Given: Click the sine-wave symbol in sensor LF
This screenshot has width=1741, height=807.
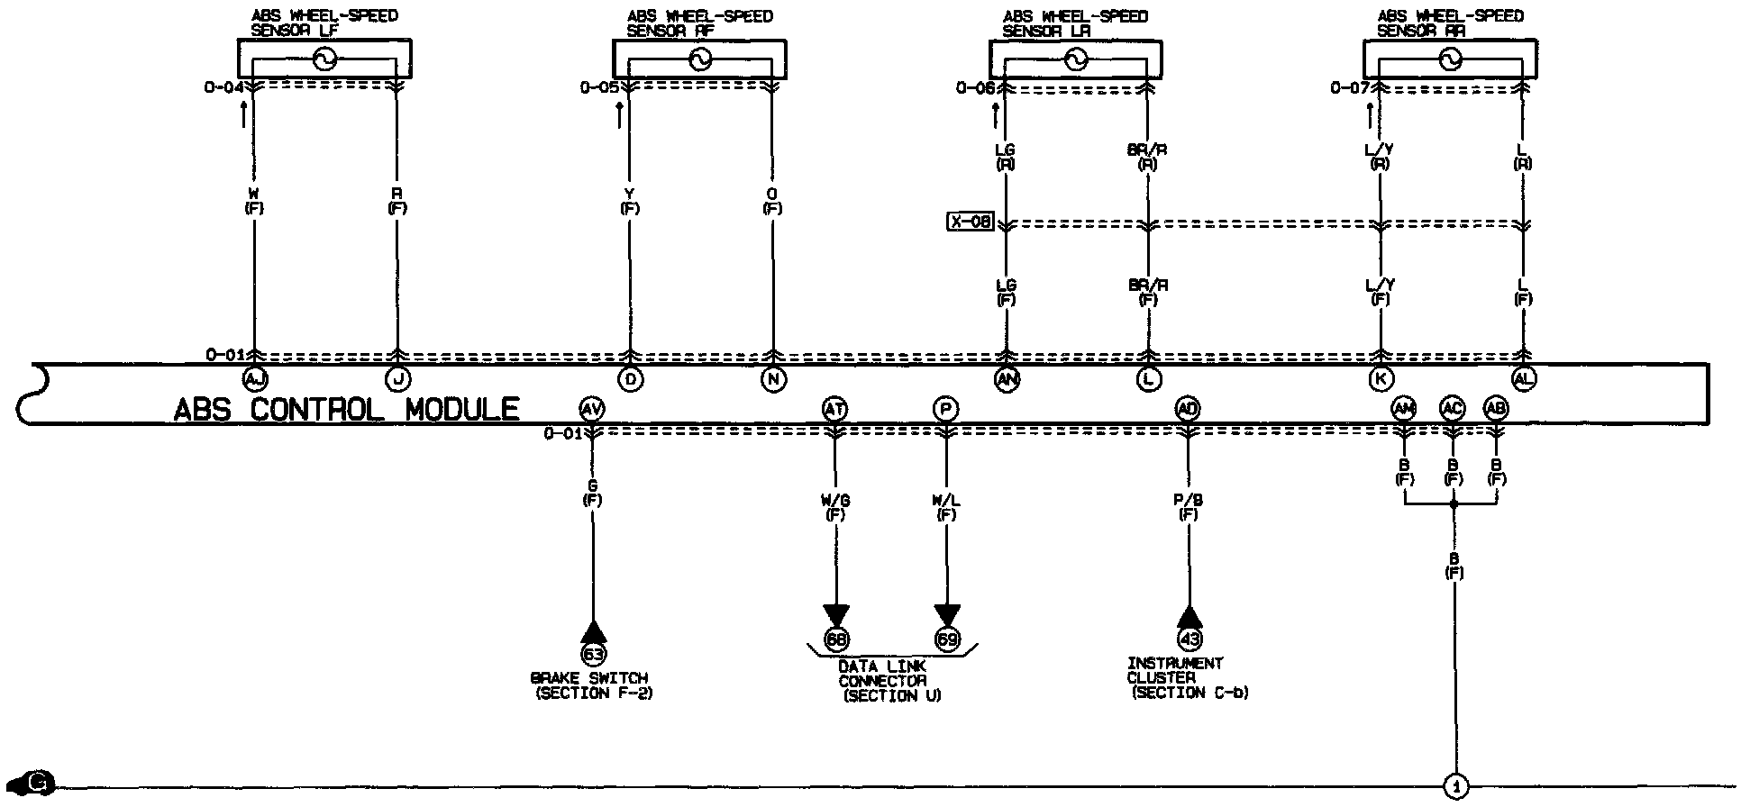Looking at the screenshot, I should [x=324, y=60].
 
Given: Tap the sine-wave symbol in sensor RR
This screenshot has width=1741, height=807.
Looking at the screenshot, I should [x=1449, y=60].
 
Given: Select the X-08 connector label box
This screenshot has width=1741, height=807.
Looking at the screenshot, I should [x=970, y=222].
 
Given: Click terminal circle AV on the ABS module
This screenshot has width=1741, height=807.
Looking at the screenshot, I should [x=592, y=410].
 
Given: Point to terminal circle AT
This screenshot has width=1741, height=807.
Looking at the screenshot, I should [x=835, y=410].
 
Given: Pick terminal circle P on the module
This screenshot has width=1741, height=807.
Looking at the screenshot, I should [x=945, y=410].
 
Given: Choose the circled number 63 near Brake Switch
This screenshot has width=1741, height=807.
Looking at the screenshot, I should [x=593, y=653].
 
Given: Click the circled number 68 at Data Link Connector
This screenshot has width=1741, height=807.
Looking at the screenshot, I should [x=836, y=639].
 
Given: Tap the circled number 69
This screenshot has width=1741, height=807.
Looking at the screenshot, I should [x=947, y=639].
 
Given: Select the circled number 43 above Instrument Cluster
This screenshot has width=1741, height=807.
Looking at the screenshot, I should [x=1190, y=639].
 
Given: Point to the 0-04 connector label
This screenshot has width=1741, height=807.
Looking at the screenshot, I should [x=223, y=88].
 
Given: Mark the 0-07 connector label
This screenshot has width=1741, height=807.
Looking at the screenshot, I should [x=1350, y=88].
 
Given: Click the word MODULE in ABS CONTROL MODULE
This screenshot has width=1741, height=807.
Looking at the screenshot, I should [x=462, y=411].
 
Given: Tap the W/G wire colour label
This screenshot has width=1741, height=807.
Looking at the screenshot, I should [x=835, y=501].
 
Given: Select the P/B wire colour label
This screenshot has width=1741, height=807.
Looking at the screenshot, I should [x=1189, y=500].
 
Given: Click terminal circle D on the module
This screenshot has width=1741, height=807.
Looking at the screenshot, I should [x=632, y=379].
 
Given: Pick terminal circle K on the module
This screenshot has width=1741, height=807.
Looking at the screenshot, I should [x=1381, y=379].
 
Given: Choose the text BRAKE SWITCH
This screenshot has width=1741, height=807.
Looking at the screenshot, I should [x=589, y=678].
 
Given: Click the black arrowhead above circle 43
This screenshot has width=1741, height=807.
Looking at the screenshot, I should [x=1190, y=617].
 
